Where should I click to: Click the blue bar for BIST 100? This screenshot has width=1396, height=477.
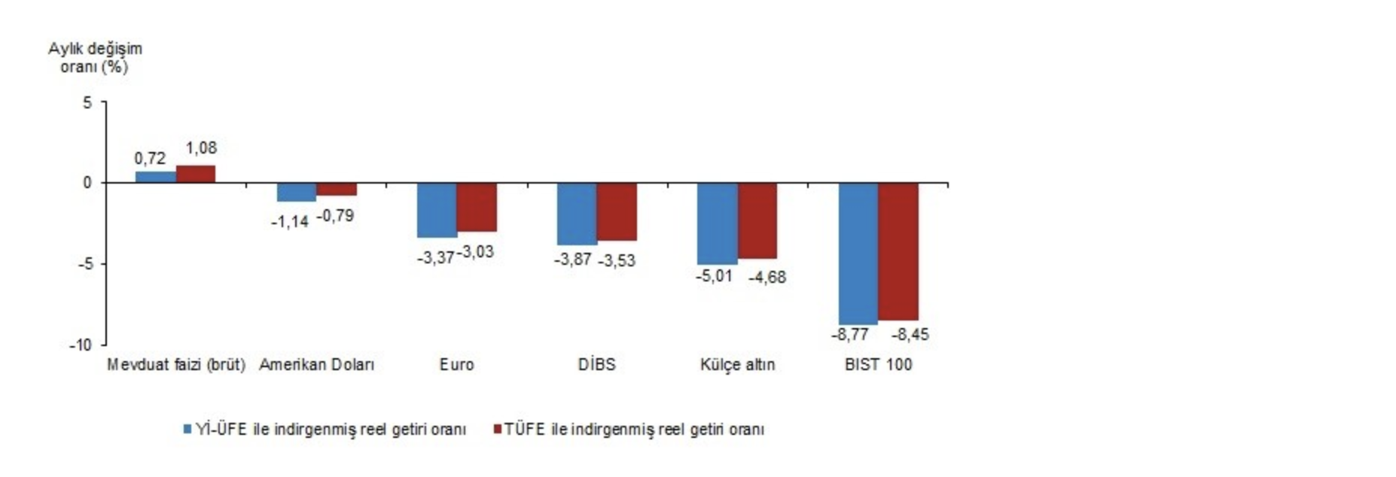pos(858,254)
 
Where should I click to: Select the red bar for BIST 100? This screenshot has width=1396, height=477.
pos(898,251)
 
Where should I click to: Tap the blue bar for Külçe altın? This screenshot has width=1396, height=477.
pos(717,223)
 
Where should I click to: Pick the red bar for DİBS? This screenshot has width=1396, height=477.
pos(617,211)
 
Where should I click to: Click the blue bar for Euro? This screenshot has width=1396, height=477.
pos(437,210)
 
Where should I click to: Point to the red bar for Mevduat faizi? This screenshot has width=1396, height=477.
pos(196,174)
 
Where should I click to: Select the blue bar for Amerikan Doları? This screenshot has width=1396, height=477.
pos(297,192)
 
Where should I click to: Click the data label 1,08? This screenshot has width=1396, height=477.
pos(201,148)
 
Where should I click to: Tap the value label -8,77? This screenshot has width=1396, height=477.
pos(849,335)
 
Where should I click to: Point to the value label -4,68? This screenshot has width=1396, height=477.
pos(767,278)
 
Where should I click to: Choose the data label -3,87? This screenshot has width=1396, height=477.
pos(573,260)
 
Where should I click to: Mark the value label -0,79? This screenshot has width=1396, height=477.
pos(335,217)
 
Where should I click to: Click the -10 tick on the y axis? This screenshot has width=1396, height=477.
pos(81,345)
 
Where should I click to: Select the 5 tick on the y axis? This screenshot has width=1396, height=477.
pos(87,102)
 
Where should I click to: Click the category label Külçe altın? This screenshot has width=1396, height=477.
pos(737,365)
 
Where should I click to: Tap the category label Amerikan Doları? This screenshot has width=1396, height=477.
pos(316,365)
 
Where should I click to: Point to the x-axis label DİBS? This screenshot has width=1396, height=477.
pos(596,365)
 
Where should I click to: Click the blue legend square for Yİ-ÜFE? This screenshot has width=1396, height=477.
pos(187,429)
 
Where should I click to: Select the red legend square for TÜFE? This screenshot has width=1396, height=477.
pos(496,429)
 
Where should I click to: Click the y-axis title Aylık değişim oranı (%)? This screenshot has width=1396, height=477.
pos(95,58)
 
